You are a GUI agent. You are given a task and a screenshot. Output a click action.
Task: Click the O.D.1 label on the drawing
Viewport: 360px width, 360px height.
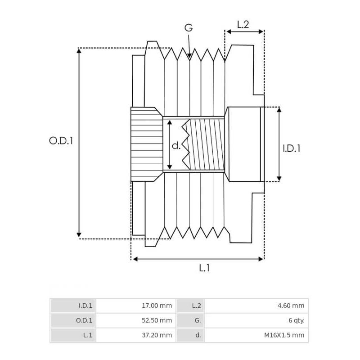pos(61,141)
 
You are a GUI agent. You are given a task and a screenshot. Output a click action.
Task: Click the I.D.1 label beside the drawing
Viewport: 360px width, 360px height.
pos(291,148)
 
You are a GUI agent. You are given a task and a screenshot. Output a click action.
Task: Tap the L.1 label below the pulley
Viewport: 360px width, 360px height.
pos(204,268)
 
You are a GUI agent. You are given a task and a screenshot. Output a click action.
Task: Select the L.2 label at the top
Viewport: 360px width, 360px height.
pos(243,25)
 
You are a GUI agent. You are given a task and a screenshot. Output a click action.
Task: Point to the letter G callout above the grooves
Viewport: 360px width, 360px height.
pos(189,28)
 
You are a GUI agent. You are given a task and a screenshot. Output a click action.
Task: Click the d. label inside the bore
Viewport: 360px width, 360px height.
pos(176,145)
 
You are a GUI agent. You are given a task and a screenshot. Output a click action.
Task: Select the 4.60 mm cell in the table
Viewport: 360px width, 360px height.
pos(256,306)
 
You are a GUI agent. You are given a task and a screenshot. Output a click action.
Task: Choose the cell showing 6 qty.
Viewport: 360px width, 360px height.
pos(256,320)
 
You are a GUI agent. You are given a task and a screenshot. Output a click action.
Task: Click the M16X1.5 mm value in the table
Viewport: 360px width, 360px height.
pos(256,335)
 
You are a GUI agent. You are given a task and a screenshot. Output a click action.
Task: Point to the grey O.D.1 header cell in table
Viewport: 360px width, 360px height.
pos(73,320)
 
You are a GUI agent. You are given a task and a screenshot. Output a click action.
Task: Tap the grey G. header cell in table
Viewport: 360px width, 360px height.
pos(190,320)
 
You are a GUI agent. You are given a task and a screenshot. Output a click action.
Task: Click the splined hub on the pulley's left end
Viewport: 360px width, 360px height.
pos(146,144)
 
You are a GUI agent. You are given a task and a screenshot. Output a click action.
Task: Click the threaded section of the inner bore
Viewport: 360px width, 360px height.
pos(206,144)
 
